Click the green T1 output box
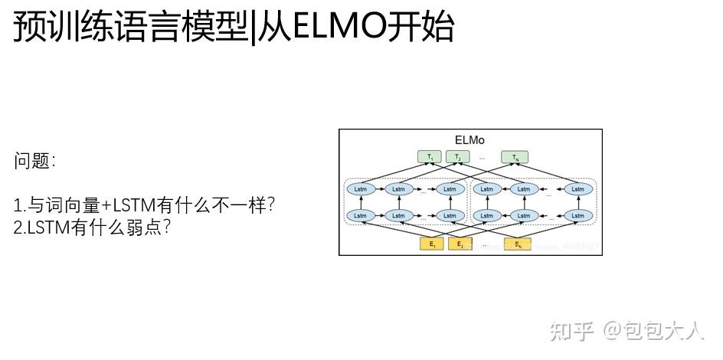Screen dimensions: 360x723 tap(430, 158)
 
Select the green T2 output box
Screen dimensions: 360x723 tap(457, 158)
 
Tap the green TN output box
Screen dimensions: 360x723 tap(516, 158)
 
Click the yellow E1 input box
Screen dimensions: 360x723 tap(432, 244)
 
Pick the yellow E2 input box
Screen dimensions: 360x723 tap(460, 244)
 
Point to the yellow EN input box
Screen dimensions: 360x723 tap(518, 244)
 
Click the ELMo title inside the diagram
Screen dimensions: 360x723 tap(469, 140)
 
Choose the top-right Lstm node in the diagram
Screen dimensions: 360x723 tap(579, 188)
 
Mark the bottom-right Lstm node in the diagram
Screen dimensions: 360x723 tap(579, 215)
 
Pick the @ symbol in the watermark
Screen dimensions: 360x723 tap(612, 331)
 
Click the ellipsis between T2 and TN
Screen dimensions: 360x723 tap(483, 158)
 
